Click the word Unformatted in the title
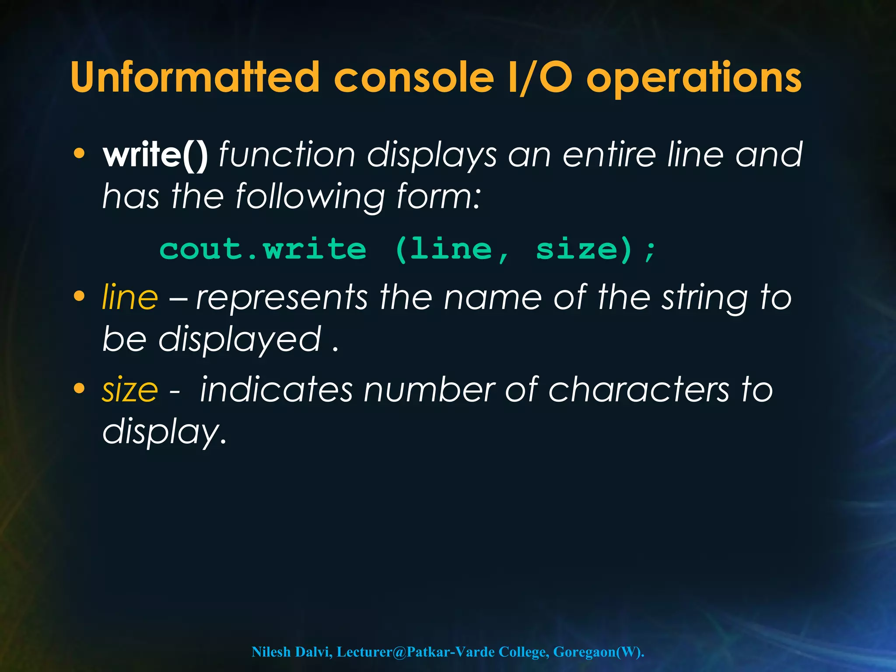[195, 77]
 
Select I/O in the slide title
[540, 77]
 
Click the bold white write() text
[155, 155]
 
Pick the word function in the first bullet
[287, 155]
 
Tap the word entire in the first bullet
[609, 155]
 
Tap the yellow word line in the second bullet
[129, 297]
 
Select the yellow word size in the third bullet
[129, 389]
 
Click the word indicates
[276, 389]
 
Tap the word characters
[638, 389]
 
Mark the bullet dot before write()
[79, 154]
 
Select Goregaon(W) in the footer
[598, 652]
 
